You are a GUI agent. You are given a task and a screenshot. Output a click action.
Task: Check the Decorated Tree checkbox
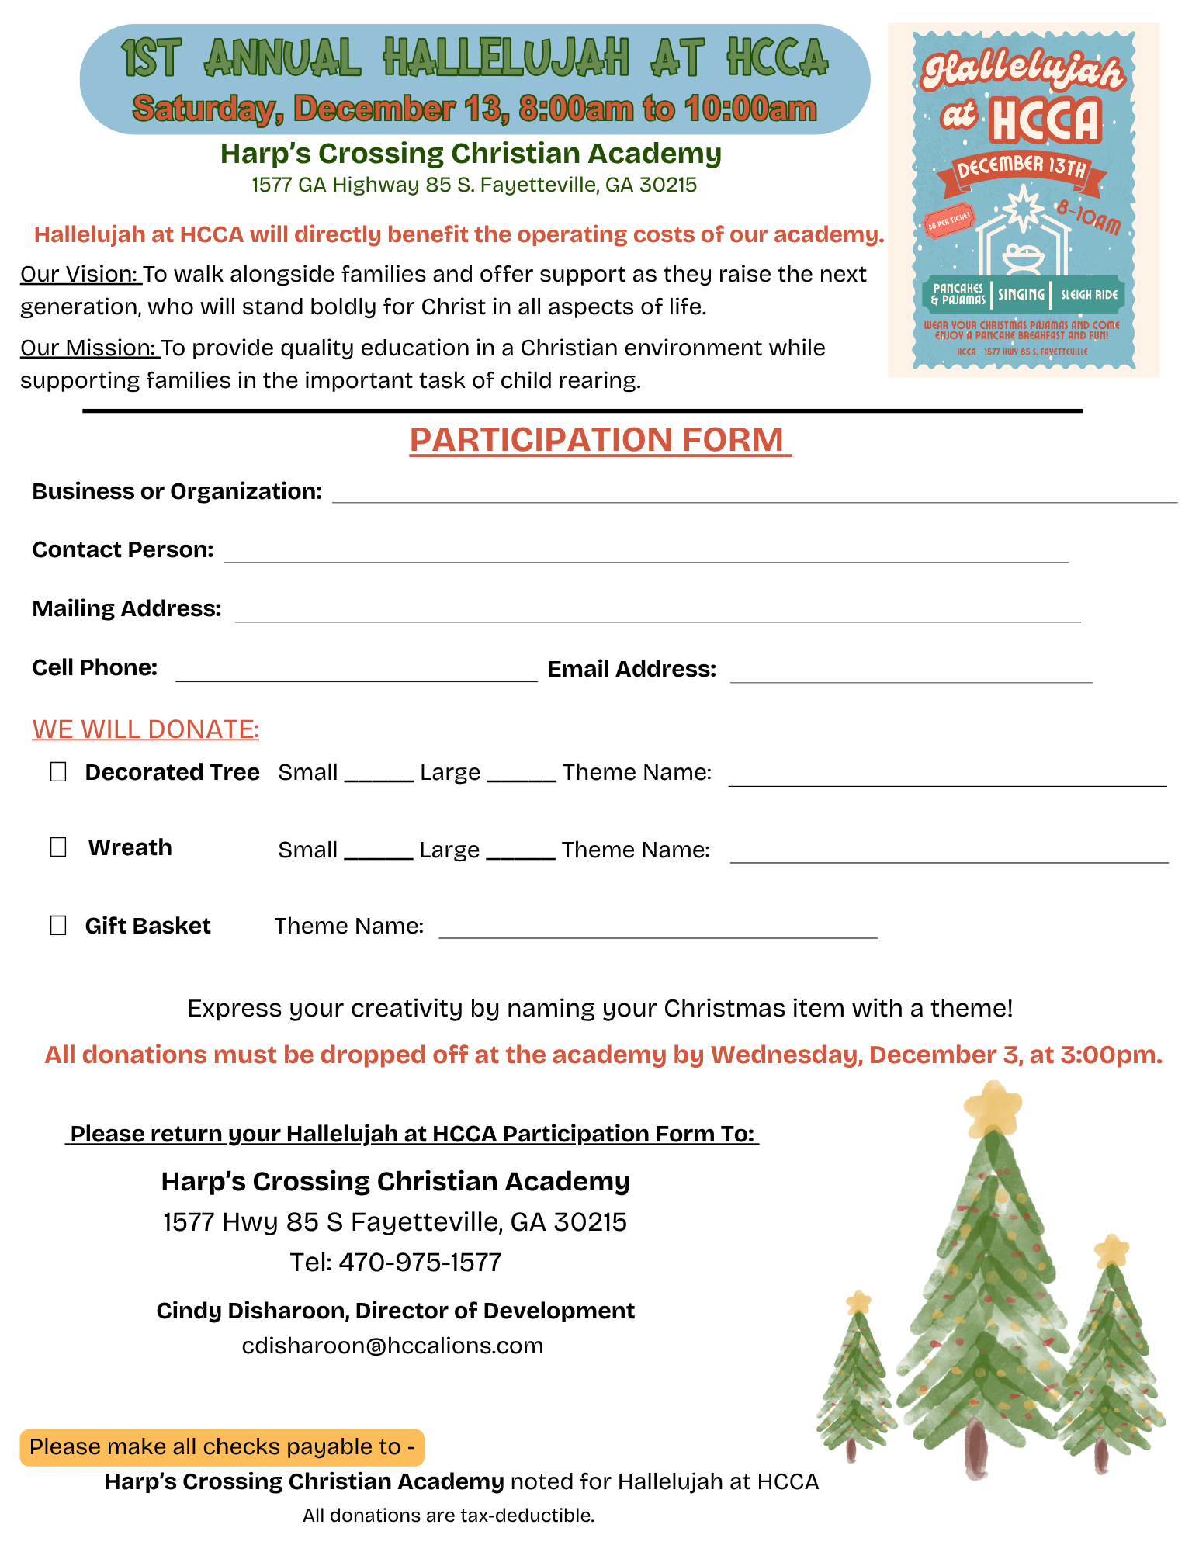(x=58, y=771)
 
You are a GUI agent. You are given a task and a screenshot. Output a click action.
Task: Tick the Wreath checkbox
(x=58, y=847)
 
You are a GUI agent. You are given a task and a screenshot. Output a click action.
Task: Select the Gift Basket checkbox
(x=58, y=925)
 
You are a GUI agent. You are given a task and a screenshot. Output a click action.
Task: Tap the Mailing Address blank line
(x=657, y=614)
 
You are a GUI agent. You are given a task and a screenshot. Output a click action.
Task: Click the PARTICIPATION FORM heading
(x=600, y=440)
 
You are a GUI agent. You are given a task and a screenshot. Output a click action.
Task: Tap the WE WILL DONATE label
(x=146, y=729)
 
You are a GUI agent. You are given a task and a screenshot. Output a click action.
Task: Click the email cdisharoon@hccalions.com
(x=393, y=1345)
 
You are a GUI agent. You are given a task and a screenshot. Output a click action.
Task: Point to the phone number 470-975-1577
(x=420, y=1262)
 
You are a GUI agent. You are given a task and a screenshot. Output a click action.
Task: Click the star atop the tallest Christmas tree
(x=993, y=1107)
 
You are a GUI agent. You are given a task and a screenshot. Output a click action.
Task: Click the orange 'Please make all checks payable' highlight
(x=222, y=1447)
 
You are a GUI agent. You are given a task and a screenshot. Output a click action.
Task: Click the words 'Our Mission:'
(x=89, y=348)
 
